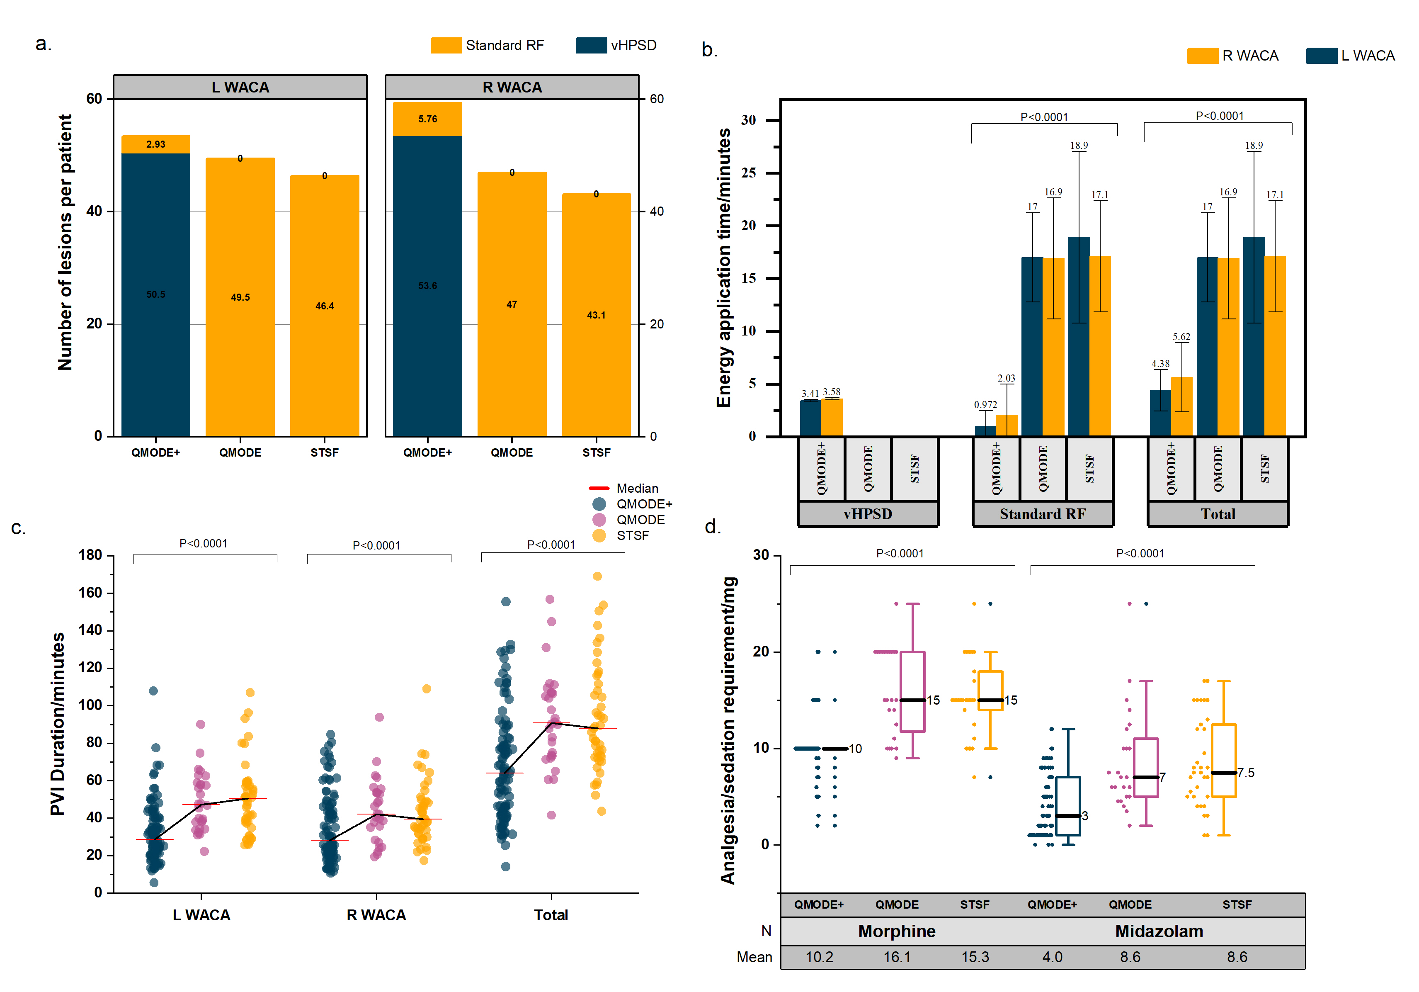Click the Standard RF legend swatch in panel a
pyautogui.click(x=446, y=45)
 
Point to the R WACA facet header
pyautogui.click(x=512, y=87)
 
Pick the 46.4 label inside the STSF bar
pyautogui.click(x=325, y=306)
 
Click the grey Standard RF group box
pyautogui.click(x=1043, y=514)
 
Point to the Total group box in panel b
pyautogui.click(x=1218, y=514)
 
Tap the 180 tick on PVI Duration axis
pyautogui.click(x=90, y=555)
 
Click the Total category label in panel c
pyautogui.click(x=551, y=915)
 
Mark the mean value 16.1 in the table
pyautogui.click(x=897, y=957)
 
